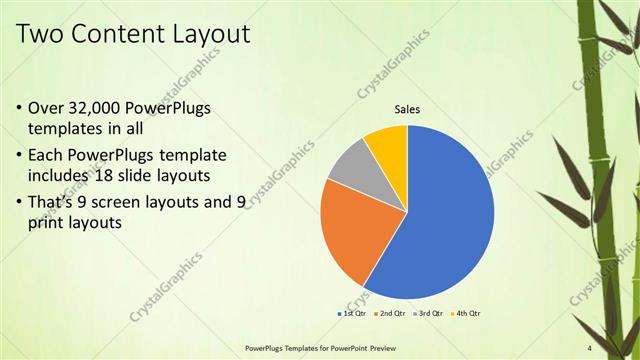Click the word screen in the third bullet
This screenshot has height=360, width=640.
pyautogui.click(x=127, y=202)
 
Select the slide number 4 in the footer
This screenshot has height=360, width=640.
pyautogui.click(x=590, y=347)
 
